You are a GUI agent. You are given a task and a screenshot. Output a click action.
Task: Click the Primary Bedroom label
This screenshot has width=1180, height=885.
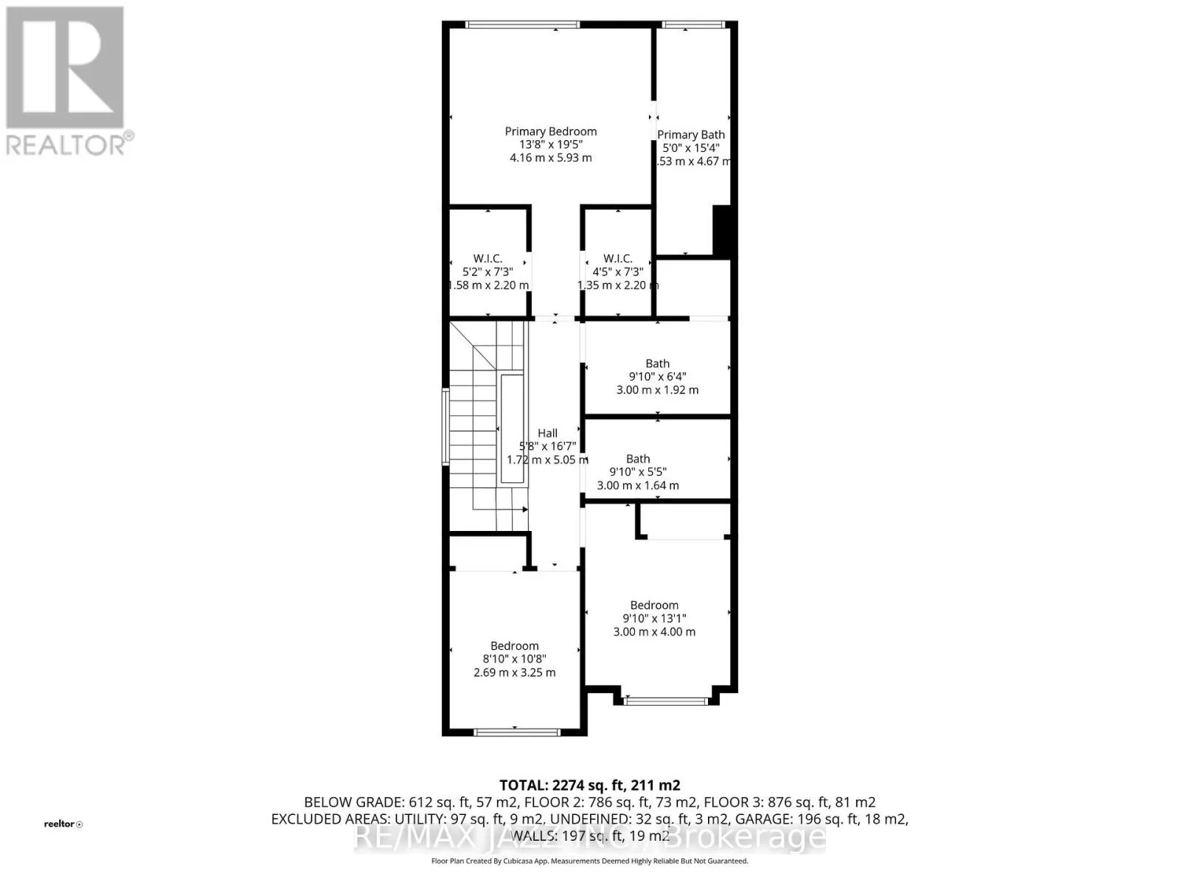click(x=550, y=131)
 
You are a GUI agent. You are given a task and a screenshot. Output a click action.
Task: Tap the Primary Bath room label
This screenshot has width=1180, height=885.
click(x=691, y=134)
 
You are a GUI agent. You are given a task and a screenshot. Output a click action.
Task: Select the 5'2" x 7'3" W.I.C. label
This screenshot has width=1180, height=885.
click(x=487, y=258)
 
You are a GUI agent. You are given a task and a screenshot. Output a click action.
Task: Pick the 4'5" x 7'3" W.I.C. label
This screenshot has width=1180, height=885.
click(x=617, y=258)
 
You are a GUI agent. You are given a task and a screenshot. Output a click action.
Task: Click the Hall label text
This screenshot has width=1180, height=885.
click(x=547, y=433)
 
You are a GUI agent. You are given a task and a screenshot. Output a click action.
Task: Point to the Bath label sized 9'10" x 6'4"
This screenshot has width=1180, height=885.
click(x=657, y=363)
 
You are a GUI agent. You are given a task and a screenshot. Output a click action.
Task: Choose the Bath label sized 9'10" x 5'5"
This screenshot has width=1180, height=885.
click(x=638, y=459)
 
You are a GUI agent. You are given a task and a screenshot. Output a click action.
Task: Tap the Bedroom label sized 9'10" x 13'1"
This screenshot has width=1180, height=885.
click(x=654, y=605)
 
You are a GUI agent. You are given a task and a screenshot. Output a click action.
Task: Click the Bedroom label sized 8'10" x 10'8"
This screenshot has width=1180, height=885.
click(x=514, y=645)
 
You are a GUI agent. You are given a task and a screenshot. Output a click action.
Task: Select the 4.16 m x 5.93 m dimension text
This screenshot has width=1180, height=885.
click(x=550, y=158)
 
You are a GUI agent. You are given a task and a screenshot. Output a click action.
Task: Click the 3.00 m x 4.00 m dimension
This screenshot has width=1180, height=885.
click(x=654, y=632)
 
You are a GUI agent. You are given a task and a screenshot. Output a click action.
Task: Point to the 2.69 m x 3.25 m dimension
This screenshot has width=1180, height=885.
click(x=514, y=673)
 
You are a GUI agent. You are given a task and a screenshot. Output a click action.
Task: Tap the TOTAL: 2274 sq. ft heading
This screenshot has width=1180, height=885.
click(x=589, y=785)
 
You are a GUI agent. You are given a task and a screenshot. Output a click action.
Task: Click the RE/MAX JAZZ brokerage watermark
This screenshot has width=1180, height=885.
click(x=589, y=837)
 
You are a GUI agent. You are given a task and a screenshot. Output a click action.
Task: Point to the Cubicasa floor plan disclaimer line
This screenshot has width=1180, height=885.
click(x=589, y=861)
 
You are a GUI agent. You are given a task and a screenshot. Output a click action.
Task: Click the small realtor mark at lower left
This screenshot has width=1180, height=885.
click(x=63, y=824)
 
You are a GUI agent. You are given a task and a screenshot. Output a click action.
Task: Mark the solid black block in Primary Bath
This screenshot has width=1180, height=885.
click(x=724, y=230)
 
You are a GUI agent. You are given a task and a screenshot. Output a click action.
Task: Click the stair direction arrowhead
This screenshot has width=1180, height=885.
click(x=525, y=509)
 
